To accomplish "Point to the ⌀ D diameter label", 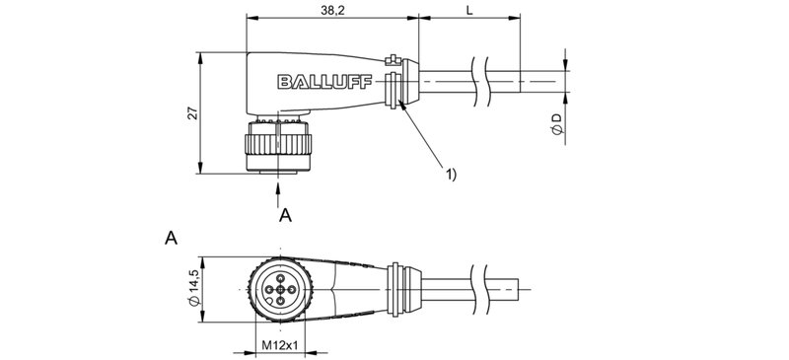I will tap(557, 125).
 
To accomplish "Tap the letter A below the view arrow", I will tap(285, 214).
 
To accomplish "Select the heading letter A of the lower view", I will tap(172, 238).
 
